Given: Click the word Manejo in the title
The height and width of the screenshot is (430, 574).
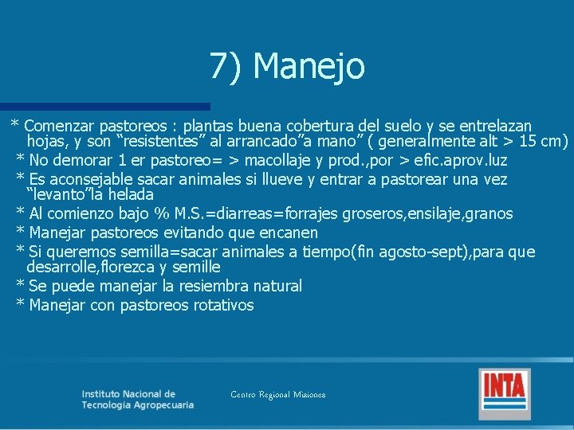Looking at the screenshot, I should pyautogui.click(x=309, y=66).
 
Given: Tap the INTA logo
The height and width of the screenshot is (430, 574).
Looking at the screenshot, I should pyautogui.click(x=505, y=393).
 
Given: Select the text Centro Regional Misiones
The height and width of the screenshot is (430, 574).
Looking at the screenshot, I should pyautogui.click(x=277, y=395).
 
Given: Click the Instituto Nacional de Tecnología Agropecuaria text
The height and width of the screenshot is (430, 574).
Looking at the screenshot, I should pyautogui.click(x=137, y=399).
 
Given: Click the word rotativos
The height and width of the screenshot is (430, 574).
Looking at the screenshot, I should pyautogui.click(x=223, y=305).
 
